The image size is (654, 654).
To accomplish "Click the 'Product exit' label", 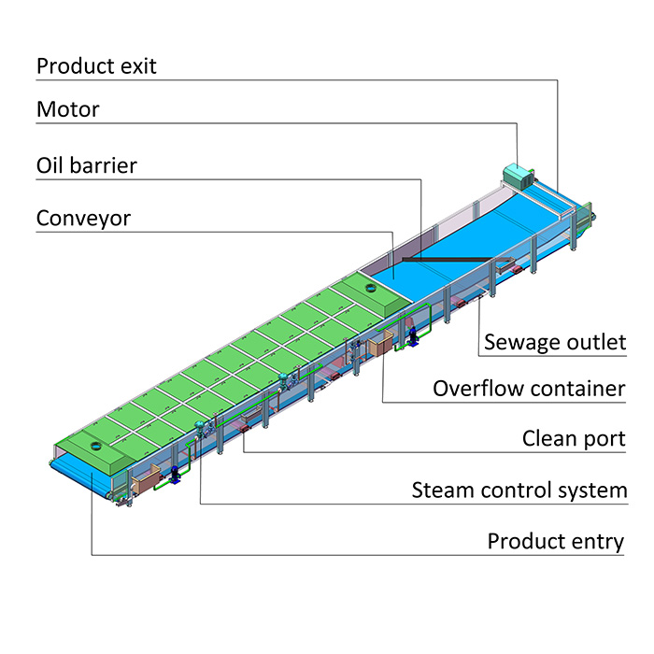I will [96, 66].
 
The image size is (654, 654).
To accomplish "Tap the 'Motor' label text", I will [67, 109].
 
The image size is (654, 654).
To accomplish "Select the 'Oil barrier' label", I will [87, 166].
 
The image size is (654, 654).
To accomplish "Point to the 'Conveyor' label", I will [83, 219].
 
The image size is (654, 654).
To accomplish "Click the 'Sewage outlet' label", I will [554, 343].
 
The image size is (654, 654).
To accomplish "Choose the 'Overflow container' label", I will [528, 388].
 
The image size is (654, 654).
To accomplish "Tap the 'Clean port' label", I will [573, 439].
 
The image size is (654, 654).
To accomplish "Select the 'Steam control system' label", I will [519, 490].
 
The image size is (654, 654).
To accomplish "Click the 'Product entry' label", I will [555, 542].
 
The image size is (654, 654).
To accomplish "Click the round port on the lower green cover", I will [96, 448].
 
